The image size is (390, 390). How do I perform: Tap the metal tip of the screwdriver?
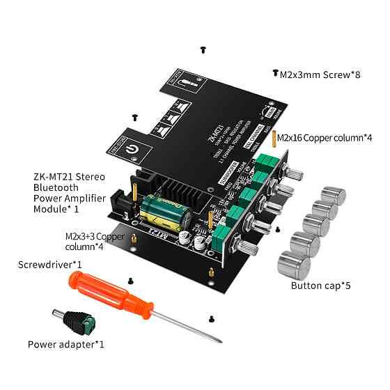pos(219,339)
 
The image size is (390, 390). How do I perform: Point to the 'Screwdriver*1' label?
pos(50,265)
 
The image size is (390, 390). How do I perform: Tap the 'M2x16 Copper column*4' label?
pos(325,138)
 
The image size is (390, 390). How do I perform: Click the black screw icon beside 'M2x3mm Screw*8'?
pos(274,73)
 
